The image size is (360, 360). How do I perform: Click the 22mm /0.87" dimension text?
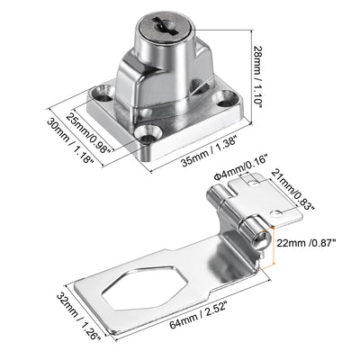[306, 243]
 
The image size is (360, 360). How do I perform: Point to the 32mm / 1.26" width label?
[78, 317]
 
